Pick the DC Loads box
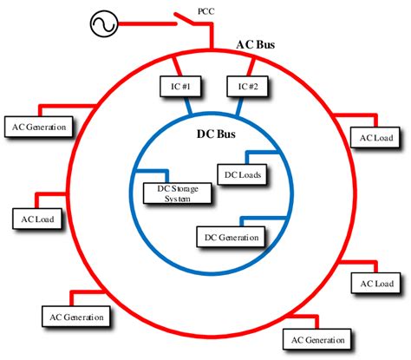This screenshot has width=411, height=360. click(x=242, y=175)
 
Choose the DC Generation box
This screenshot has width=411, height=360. click(x=232, y=236)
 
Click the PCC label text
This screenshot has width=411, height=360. click(x=205, y=10)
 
